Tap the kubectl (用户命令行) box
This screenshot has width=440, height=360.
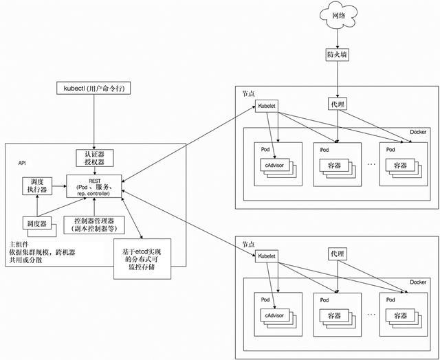(92, 90)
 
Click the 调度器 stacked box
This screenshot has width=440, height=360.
(34, 224)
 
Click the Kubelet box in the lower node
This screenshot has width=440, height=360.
(267, 254)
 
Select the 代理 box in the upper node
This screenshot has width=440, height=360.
(337, 104)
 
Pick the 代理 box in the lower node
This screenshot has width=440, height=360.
(337, 254)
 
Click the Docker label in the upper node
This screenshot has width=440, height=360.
(419, 132)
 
